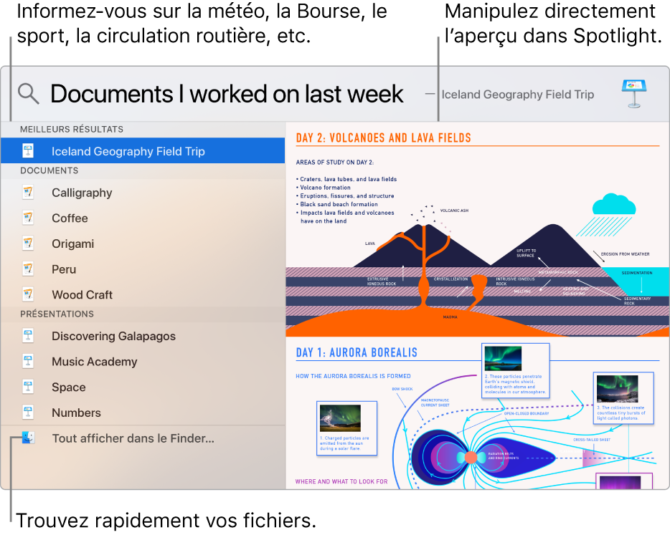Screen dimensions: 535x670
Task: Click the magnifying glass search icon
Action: (x=28, y=94)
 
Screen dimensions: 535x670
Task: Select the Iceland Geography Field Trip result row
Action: (x=128, y=151)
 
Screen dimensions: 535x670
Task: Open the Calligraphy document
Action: (x=82, y=193)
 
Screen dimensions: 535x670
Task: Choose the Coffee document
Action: (x=70, y=218)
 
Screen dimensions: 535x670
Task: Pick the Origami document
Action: (x=72, y=244)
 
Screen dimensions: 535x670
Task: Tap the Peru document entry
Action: (x=64, y=269)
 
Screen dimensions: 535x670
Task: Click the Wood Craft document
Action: (x=82, y=294)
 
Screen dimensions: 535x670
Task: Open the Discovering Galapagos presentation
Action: (x=113, y=336)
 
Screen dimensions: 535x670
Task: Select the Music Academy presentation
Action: (x=94, y=362)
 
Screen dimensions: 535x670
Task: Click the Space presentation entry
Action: (x=68, y=387)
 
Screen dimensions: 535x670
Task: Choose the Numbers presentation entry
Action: (x=76, y=413)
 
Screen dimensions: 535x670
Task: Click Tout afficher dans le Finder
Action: (x=133, y=438)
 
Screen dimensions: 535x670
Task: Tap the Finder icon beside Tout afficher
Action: (x=28, y=438)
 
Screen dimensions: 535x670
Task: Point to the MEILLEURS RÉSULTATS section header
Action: (x=72, y=130)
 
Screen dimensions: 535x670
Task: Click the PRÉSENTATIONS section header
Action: (x=57, y=314)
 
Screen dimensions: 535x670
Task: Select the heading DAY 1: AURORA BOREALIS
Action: (x=357, y=352)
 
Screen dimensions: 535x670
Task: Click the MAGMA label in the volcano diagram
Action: (x=450, y=316)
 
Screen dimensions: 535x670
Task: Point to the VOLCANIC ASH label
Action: (x=454, y=211)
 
